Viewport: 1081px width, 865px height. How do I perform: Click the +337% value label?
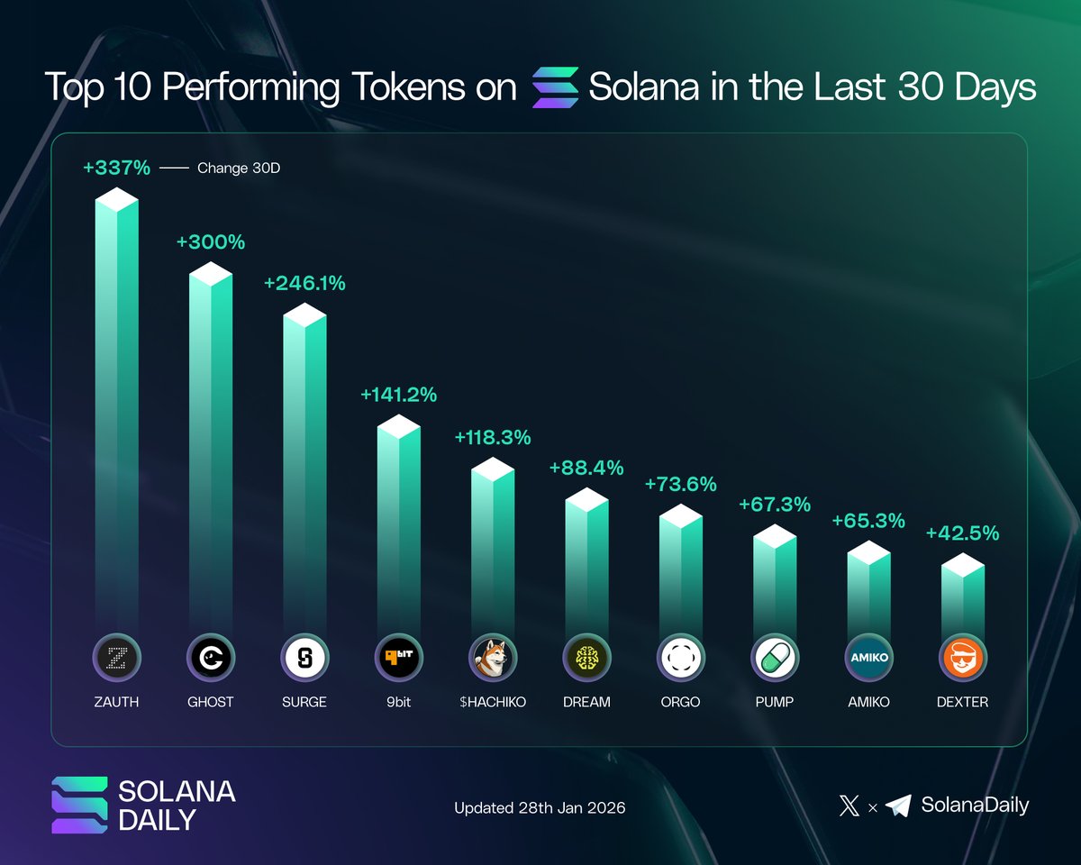click(116, 168)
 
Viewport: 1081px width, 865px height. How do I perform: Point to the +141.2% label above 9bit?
click(398, 395)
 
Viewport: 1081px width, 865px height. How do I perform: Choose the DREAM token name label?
click(586, 701)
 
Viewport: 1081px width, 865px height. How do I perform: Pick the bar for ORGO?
click(680, 568)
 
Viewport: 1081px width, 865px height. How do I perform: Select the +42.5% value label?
click(963, 533)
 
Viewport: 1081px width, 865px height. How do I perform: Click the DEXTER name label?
click(963, 701)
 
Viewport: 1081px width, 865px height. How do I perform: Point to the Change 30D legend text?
click(239, 168)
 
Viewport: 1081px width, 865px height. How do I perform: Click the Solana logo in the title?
click(555, 88)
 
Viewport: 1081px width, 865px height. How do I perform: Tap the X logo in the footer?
click(849, 806)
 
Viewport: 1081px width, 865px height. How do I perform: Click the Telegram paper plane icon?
click(898, 806)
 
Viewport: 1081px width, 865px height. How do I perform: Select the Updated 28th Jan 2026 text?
click(540, 807)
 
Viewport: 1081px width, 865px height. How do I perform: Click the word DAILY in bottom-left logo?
click(159, 820)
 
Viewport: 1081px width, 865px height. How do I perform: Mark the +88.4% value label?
click(586, 469)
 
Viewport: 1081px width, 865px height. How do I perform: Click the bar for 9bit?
click(398, 523)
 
